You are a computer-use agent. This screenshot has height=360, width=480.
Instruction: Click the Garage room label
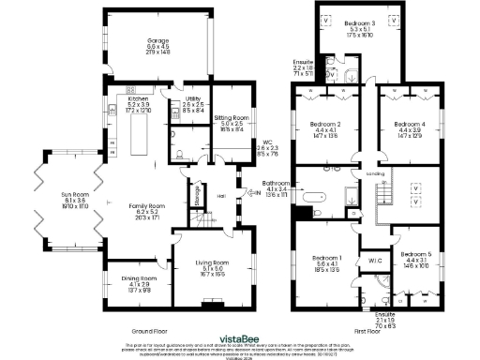pyautogui.click(x=157, y=41)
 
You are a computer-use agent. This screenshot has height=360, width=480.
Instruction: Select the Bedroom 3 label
pyautogui.click(x=359, y=22)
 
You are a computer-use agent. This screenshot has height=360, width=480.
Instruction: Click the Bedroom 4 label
pyautogui.click(x=409, y=124)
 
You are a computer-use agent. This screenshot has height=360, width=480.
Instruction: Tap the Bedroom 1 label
pyautogui.click(x=327, y=257)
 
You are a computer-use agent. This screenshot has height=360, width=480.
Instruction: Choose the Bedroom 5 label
pyautogui.click(x=415, y=254)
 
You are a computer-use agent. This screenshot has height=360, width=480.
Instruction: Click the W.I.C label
pyautogui.click(x=374, y=260)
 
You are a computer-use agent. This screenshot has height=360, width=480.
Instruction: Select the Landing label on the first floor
pyautogui.click(x=374, y=173)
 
